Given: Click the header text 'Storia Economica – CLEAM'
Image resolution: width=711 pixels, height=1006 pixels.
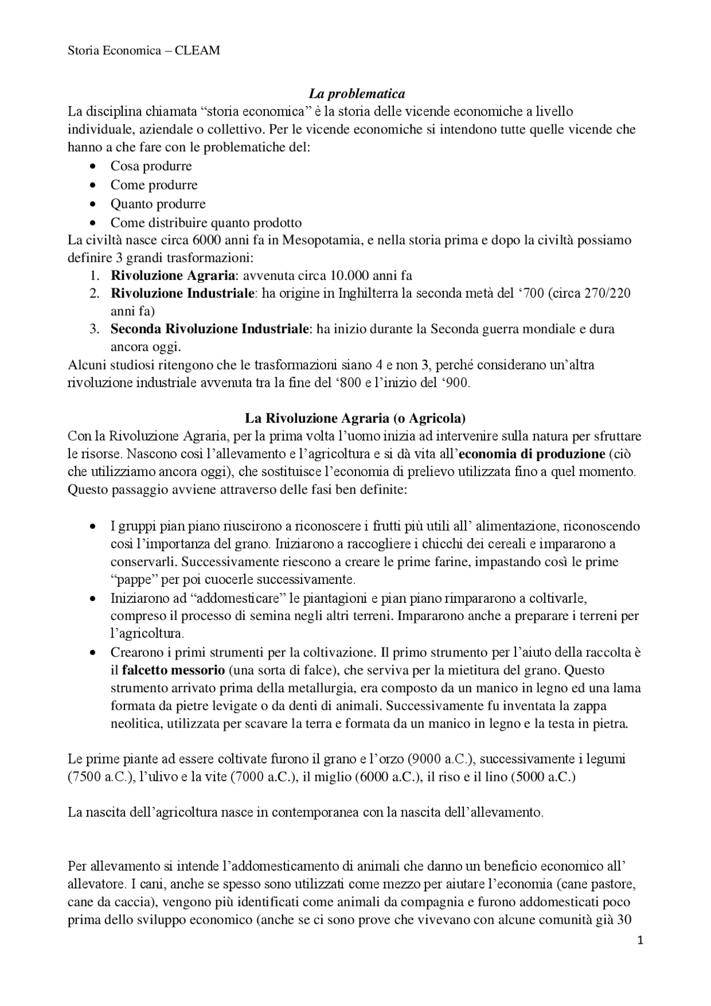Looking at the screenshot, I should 143,51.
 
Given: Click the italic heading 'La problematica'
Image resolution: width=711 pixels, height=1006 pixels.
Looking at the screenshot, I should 357,93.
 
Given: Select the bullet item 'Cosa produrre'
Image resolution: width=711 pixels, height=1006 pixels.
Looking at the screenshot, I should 151,166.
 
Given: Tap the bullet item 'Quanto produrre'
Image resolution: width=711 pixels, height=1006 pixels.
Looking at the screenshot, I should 158,204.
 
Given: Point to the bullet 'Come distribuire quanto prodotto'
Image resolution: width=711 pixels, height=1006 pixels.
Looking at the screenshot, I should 206,223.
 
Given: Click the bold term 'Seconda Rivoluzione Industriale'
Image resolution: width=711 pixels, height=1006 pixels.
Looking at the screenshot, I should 209,329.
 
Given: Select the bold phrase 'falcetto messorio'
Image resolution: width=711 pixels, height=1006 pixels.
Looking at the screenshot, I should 173,670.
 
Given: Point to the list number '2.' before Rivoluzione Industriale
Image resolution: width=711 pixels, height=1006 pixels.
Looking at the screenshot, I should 95,293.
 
